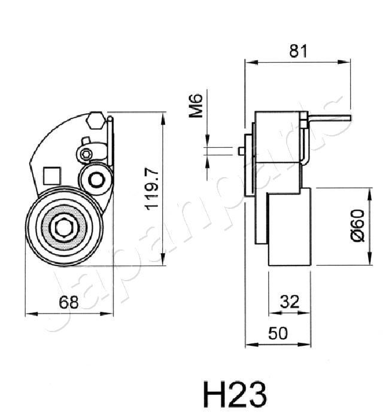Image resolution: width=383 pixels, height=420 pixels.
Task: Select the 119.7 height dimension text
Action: pyautogui.click(x=152, y=188)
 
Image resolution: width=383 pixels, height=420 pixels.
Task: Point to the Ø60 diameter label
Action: pyautogui.click(x=357, y=226)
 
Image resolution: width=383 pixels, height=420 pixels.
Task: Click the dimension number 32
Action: pyautogui.click(x=289, y=302)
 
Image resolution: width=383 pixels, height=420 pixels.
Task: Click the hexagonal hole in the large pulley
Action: pyautogui.click(x=63, y=227)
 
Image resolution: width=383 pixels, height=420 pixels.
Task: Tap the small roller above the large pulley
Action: pyautogui.click(x=95, y=178)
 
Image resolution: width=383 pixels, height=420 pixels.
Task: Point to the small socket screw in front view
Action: pyautogui.click(x=86, y=154)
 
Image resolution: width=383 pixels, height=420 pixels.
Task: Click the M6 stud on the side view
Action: pyautogui.click(x=241, y=151)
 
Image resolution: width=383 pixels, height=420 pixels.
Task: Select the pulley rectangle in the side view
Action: pyautogui.click(x=289, y=227)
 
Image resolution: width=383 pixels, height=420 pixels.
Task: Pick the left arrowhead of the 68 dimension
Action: pyautogui.click(x=28, y=312)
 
